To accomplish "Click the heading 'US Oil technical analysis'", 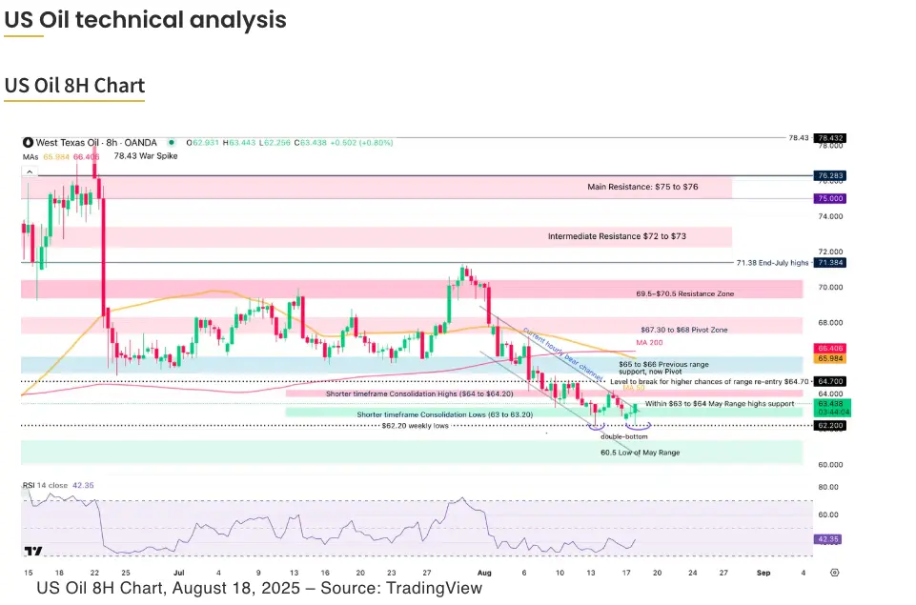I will [x=145, y=19].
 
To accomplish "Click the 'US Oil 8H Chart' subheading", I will [x=74, y=86].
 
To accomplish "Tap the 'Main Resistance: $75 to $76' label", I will [x=642, y=187].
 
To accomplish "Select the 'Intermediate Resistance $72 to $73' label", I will [x=617, y=235].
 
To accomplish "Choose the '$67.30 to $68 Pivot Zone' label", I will [x=684, y=329].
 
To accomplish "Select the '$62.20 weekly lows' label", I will [x=416, y=426].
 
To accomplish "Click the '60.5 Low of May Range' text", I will [x=640, y=452].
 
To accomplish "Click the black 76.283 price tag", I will [x=828, y=176].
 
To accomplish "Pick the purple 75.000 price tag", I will [x=828, y=198].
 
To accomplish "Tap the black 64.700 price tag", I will [x=828, y=380].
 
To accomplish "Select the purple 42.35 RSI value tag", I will [x=828, y=538].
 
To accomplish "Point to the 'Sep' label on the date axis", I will [x=763, y=573].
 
